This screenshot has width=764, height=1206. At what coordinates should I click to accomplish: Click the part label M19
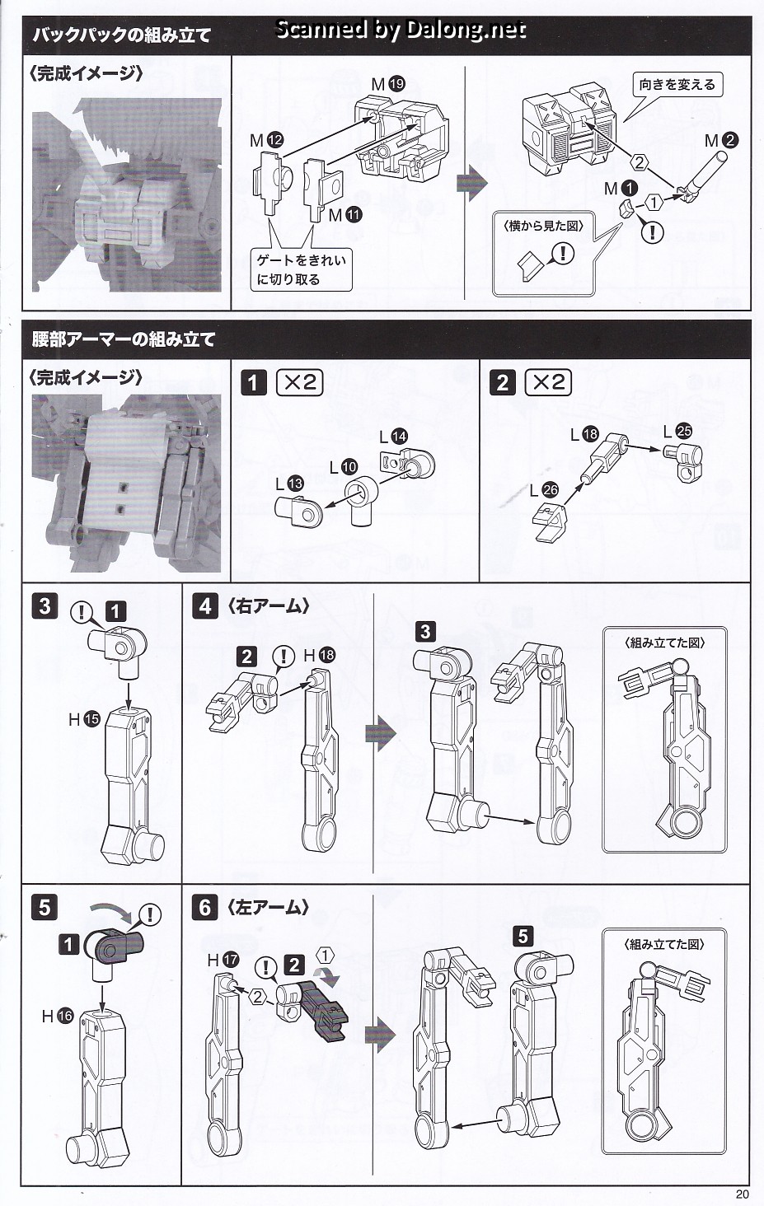[x=388, y=84]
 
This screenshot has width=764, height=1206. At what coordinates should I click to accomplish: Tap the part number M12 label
[x=267, y=141]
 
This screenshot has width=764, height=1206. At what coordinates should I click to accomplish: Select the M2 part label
[x=721, y=141]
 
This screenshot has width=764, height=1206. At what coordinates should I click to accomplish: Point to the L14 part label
[x=393, y=437]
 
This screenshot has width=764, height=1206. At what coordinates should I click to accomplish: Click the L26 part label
[x=544, y=490]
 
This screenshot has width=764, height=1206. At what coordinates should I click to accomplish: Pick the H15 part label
[x=85, y=719]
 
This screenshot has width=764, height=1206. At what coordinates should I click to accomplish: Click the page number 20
[x=742, y=1194]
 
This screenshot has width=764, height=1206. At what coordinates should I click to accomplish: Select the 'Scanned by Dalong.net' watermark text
[x=401, y=29]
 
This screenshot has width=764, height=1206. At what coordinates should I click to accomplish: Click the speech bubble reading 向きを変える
[x=677, y=85]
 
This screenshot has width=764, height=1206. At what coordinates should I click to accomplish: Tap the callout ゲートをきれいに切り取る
[x=301, y=269]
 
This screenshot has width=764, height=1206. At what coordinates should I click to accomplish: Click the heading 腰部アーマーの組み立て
[x=124, y=339]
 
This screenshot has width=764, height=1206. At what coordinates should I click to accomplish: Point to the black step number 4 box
[x=205, y=606]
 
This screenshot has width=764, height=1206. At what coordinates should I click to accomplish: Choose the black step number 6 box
[x=205, y=908]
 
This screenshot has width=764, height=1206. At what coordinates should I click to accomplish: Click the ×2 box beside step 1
[x=299, y=383]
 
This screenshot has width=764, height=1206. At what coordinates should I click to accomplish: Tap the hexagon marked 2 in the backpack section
[x=640, y=162]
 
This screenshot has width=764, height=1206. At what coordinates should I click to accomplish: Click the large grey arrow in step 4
[x=381, y=733]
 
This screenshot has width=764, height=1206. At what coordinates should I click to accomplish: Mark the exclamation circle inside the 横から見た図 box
[x=564, y=253]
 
